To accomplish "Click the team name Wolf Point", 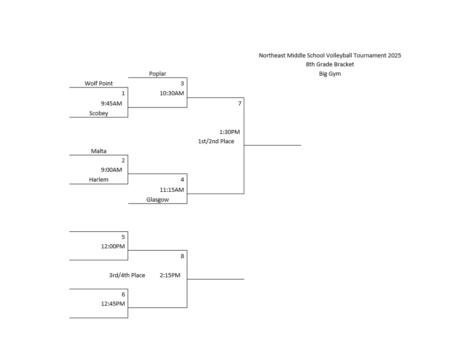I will pos(98,83).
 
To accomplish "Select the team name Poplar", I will pos(157,73).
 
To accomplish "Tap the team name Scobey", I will pos(98,113).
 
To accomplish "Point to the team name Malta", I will pos(98,151).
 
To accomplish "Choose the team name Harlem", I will pos(98,180).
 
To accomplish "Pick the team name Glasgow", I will pos(157,199).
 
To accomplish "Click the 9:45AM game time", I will pos(111,103).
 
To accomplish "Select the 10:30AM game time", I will pos(172,93).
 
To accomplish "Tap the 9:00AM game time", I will pos(111,170).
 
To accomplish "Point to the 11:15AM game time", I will pos(172,190).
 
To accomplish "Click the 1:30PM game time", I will pos(229,132).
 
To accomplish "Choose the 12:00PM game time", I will pos(113,247).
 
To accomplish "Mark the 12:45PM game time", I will pos(113,304).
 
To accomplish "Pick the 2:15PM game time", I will pos(170,275).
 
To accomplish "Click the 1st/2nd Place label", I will pos(216,141).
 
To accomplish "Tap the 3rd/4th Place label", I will pos(127,275).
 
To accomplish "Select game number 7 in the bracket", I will pos(240,103).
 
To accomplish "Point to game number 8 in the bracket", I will pos(182,256).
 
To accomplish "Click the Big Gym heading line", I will pos(330,74).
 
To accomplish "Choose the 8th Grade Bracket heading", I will pos(330,64).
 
